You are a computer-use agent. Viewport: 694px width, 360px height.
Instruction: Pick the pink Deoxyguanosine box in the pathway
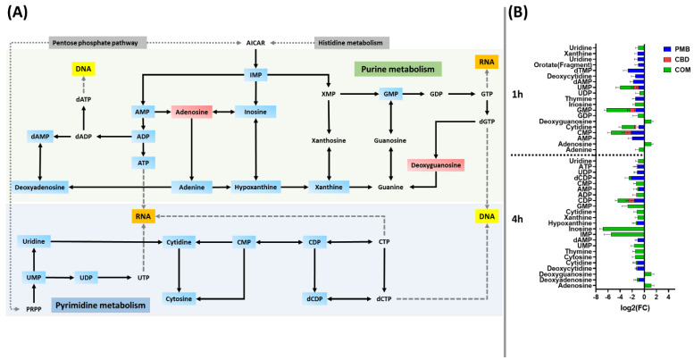coord(435,164)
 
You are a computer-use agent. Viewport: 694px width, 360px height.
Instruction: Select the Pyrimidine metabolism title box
coord(99,306)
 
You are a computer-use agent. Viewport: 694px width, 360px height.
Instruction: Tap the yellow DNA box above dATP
coord(82,69)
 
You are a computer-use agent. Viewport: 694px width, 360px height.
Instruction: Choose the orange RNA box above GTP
coord(487,62)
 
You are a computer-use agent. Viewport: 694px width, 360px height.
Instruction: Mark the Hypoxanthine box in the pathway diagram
coord(256,187)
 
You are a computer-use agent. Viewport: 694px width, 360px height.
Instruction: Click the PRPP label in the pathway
coord(33,309)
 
